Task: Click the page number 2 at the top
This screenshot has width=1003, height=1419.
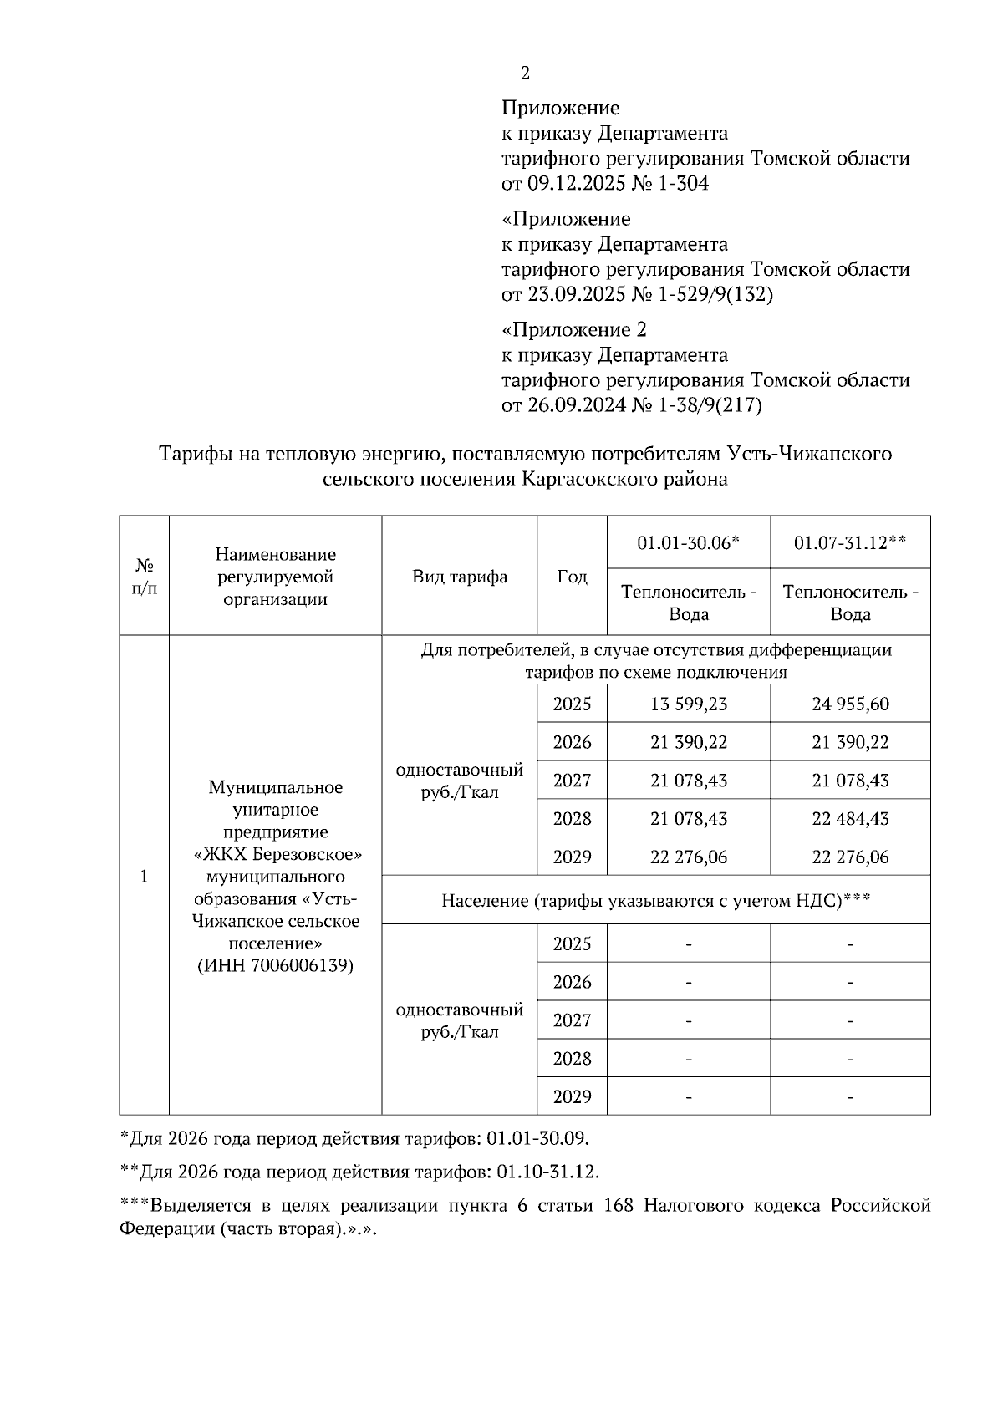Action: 525,74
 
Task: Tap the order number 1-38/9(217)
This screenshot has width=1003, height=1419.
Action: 709,406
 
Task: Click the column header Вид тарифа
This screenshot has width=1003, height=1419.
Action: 459,577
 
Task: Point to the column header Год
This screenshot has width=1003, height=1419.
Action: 572,577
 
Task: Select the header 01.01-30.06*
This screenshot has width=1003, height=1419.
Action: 688,542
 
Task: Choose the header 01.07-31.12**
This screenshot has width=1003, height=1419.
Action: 850,542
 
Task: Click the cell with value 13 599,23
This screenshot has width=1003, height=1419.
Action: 688,704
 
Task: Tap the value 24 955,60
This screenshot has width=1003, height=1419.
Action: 850,704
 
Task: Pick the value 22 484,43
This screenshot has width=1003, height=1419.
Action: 850,819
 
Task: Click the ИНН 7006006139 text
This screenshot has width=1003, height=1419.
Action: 275,966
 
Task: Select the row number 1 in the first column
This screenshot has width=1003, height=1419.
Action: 144,876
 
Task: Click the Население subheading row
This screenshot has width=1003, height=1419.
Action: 656,900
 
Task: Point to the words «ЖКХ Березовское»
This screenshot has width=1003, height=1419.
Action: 276,855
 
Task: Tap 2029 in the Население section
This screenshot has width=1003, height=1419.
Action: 572,1096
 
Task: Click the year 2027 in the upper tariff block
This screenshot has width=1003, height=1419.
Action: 572,781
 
